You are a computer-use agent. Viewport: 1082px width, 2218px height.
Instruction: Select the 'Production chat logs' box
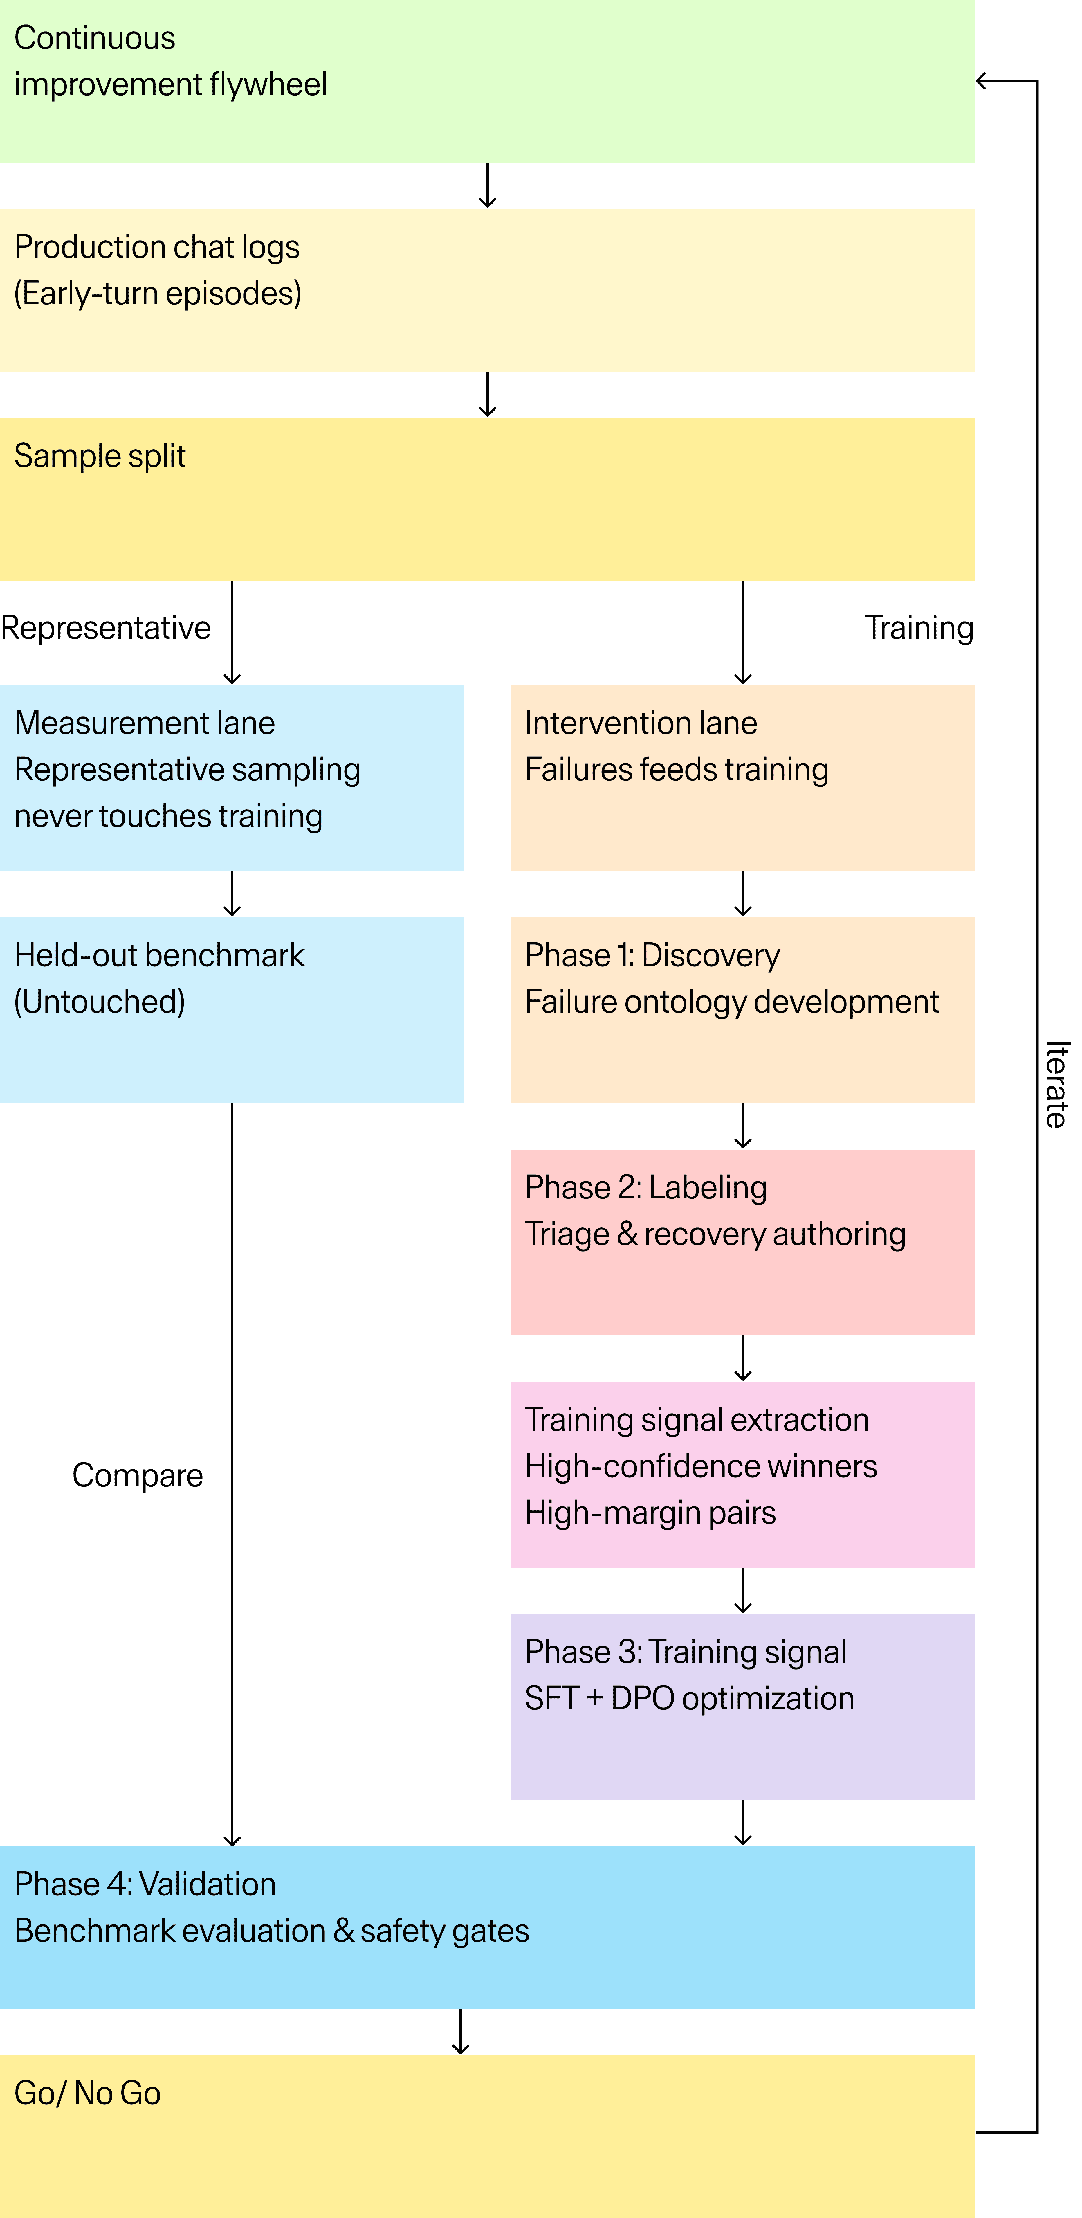pyautogui.click(x=487, y=290)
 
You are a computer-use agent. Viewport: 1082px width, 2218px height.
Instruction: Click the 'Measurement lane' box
pyautogui.click(x=232, y=777)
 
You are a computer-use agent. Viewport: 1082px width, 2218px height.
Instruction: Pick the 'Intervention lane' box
pyautogui.click(x=742, y=777)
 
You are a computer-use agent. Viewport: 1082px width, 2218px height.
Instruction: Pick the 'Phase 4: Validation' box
pyautogui.click(x=487, y=1927)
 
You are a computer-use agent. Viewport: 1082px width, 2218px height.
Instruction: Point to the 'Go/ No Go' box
pyautogui.click(x=487, y=2135)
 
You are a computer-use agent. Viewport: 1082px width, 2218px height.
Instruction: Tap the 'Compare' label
pyautogui.click(x=138, y=1475)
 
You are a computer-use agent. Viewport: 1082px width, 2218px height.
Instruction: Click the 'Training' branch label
pyautogui.click(x=918, y=628)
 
